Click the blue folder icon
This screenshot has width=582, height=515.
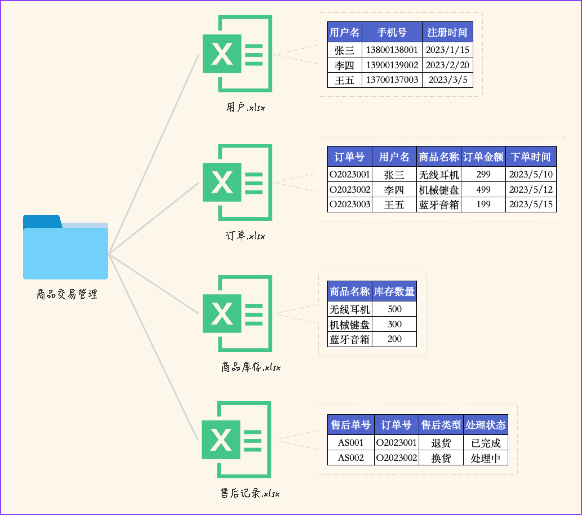[65, 248]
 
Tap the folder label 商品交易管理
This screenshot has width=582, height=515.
[67, 294]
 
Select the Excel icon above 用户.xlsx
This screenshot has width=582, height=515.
[237, 54]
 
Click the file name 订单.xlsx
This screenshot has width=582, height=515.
[245, 236]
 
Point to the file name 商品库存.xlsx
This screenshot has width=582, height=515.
[251, 367]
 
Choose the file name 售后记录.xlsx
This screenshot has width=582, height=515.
[250, 493]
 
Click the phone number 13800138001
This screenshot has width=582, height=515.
[392, 50]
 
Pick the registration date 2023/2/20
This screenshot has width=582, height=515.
[447, 65]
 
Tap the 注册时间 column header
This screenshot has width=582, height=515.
[447, 32]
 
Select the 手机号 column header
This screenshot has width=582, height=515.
[392, 32]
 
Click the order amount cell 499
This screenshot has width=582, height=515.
[483, 189]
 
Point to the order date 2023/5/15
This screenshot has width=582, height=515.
[531, 204]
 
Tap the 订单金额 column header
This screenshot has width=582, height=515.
[483, 157]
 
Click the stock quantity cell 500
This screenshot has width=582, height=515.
[394, 309]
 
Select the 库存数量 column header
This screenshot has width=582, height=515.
[394, 291]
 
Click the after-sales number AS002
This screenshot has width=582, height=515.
[351, 458]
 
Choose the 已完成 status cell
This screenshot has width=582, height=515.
[485, 443]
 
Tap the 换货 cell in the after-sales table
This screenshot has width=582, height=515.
[441, 458]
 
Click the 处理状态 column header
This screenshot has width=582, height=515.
[485, 425]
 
